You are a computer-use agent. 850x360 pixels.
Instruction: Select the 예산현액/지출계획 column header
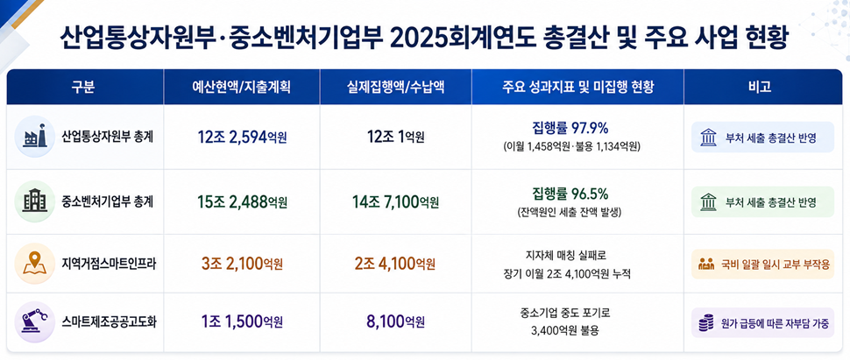(242, 87)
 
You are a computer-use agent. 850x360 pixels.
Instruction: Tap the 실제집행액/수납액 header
(396, 87)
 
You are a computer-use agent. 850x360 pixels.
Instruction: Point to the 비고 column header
(762, 87)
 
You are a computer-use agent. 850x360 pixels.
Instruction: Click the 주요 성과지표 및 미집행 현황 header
(577, 87)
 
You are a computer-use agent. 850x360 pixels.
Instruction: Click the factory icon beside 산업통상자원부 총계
(35, 137)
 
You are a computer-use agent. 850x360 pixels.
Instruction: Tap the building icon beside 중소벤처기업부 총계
(35, 201)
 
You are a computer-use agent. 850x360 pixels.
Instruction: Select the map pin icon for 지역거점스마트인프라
(35, 264)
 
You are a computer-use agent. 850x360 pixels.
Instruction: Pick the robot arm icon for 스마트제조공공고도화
(35, 322)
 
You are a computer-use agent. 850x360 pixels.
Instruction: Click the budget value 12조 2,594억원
(242, 138)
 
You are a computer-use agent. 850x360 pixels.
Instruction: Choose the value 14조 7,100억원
(396, 202)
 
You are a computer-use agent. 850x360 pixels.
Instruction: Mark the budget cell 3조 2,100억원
(242, 264)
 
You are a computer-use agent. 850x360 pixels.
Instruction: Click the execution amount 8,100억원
(396, 322)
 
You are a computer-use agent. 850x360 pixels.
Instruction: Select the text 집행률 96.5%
(570, 193)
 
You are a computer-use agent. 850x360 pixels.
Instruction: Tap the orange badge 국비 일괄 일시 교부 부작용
(762, 264)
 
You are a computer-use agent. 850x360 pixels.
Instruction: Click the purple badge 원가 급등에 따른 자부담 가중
(762, 322)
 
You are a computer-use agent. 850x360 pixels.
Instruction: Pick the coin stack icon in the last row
(705, 323)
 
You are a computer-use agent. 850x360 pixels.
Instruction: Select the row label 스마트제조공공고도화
(110, 322)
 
